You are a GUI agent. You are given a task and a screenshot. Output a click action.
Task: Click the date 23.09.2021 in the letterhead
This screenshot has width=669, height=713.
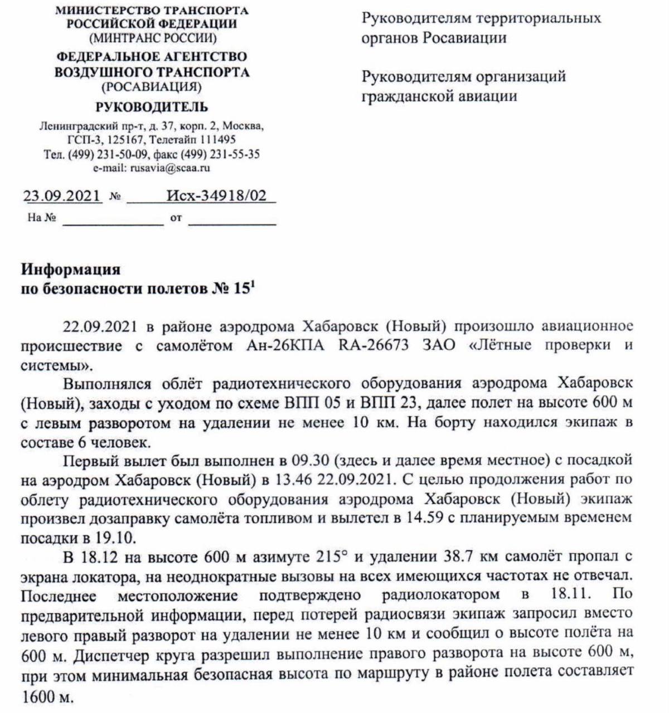(62, 196)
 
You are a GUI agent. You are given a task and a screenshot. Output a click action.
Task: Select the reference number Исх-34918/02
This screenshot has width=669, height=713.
(216, 196)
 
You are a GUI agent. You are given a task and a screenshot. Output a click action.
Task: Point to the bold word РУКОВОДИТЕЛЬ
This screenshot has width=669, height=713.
(152, 107)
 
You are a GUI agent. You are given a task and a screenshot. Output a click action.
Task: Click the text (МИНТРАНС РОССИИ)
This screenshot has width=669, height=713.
(152, 38)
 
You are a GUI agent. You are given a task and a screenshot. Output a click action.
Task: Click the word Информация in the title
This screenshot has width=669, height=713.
(71, 270)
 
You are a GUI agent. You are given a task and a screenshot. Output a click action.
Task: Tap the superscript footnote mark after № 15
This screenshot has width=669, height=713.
(253, 285)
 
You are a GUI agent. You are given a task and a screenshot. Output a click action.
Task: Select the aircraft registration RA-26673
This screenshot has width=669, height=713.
(373, 345)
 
